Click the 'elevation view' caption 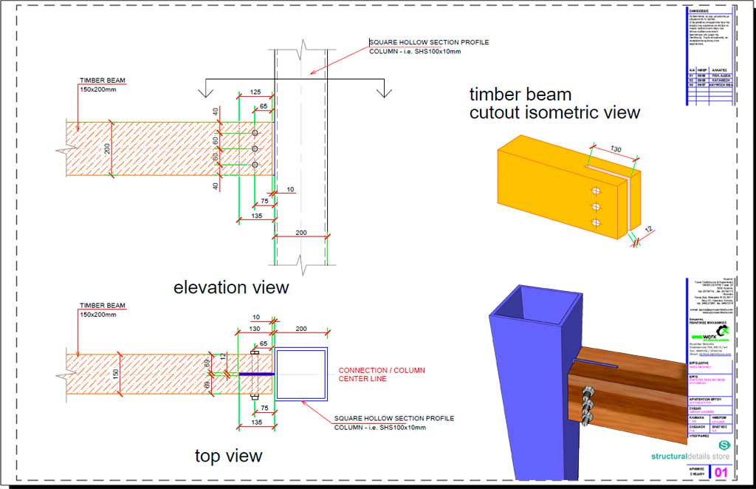[x=231, y=287]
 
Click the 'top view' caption [x=228, y=456]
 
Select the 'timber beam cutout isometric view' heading [x=554, y=103]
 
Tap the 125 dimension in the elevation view [x=255, y=92]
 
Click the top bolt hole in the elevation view [x=255, y=133]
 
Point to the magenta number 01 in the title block [x=721, y=471]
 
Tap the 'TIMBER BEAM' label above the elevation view [x=102, y=78]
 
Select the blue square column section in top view [x=301, y=375]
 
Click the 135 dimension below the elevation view [x=256, y=216]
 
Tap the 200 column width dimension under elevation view [x=300, y=233]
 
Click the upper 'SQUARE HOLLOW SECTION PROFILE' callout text [x=428, y=42]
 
